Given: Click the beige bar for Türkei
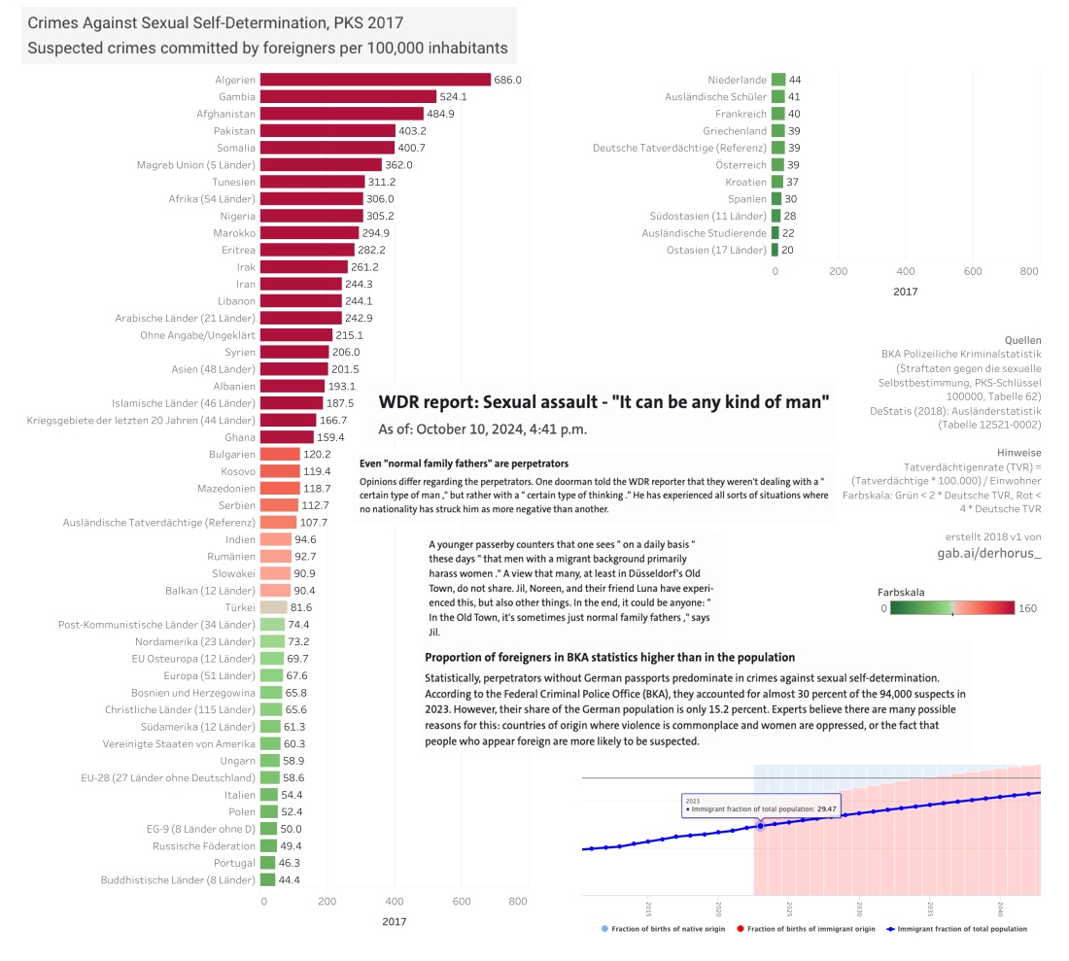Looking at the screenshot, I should pyautogui.click(x=275, y=607).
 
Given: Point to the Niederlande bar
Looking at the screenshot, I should pyautogui.click(x=777, y=80).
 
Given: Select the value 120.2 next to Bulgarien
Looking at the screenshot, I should pyautogui.click(x=318, y=455).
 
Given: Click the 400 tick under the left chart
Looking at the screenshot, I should pyautogui.click(x=395, y=901).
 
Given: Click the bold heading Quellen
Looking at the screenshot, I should pyautogui.click(x=1021, y=341).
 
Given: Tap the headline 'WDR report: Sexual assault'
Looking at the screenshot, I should pyautogui.click(x=603, y=401).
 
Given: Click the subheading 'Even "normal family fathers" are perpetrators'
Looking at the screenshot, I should pyautogui.click(x=464, y=464).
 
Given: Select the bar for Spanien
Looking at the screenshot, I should pyautogui.click(x=776, y=199).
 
